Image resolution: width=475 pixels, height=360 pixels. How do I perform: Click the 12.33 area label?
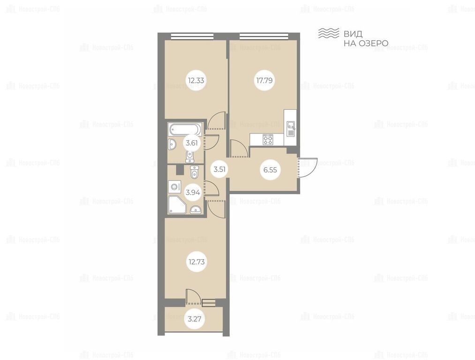click(196, 81)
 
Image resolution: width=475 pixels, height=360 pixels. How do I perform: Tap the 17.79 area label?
click(264, 81)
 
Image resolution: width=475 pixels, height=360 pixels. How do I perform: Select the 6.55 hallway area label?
click(270, 170)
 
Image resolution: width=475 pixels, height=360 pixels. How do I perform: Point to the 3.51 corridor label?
click(219, 169)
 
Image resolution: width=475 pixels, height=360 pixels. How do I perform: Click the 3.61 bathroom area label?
click(191, 143)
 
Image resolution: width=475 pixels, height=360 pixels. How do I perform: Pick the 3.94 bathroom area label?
click(193, 192)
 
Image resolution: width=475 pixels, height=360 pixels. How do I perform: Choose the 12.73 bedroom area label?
click(196, 262)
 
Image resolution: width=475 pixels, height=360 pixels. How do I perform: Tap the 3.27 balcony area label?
click(195, 319)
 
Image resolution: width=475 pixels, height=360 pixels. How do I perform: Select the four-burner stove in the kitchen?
click(268, 140)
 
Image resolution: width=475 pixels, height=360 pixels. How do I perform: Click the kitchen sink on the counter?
click(291, 128)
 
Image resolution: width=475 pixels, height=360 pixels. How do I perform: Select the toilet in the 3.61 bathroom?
click(189, 157)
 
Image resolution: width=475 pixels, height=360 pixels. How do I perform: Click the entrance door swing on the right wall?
click(308, 168)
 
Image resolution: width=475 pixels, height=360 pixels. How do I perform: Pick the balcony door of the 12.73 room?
click(192, 296)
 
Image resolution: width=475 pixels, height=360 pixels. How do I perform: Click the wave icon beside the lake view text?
click(328, 33)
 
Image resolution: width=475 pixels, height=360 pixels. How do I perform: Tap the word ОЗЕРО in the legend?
click(374, 43)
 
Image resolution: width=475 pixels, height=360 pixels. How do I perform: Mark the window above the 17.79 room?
click(264, 37)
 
